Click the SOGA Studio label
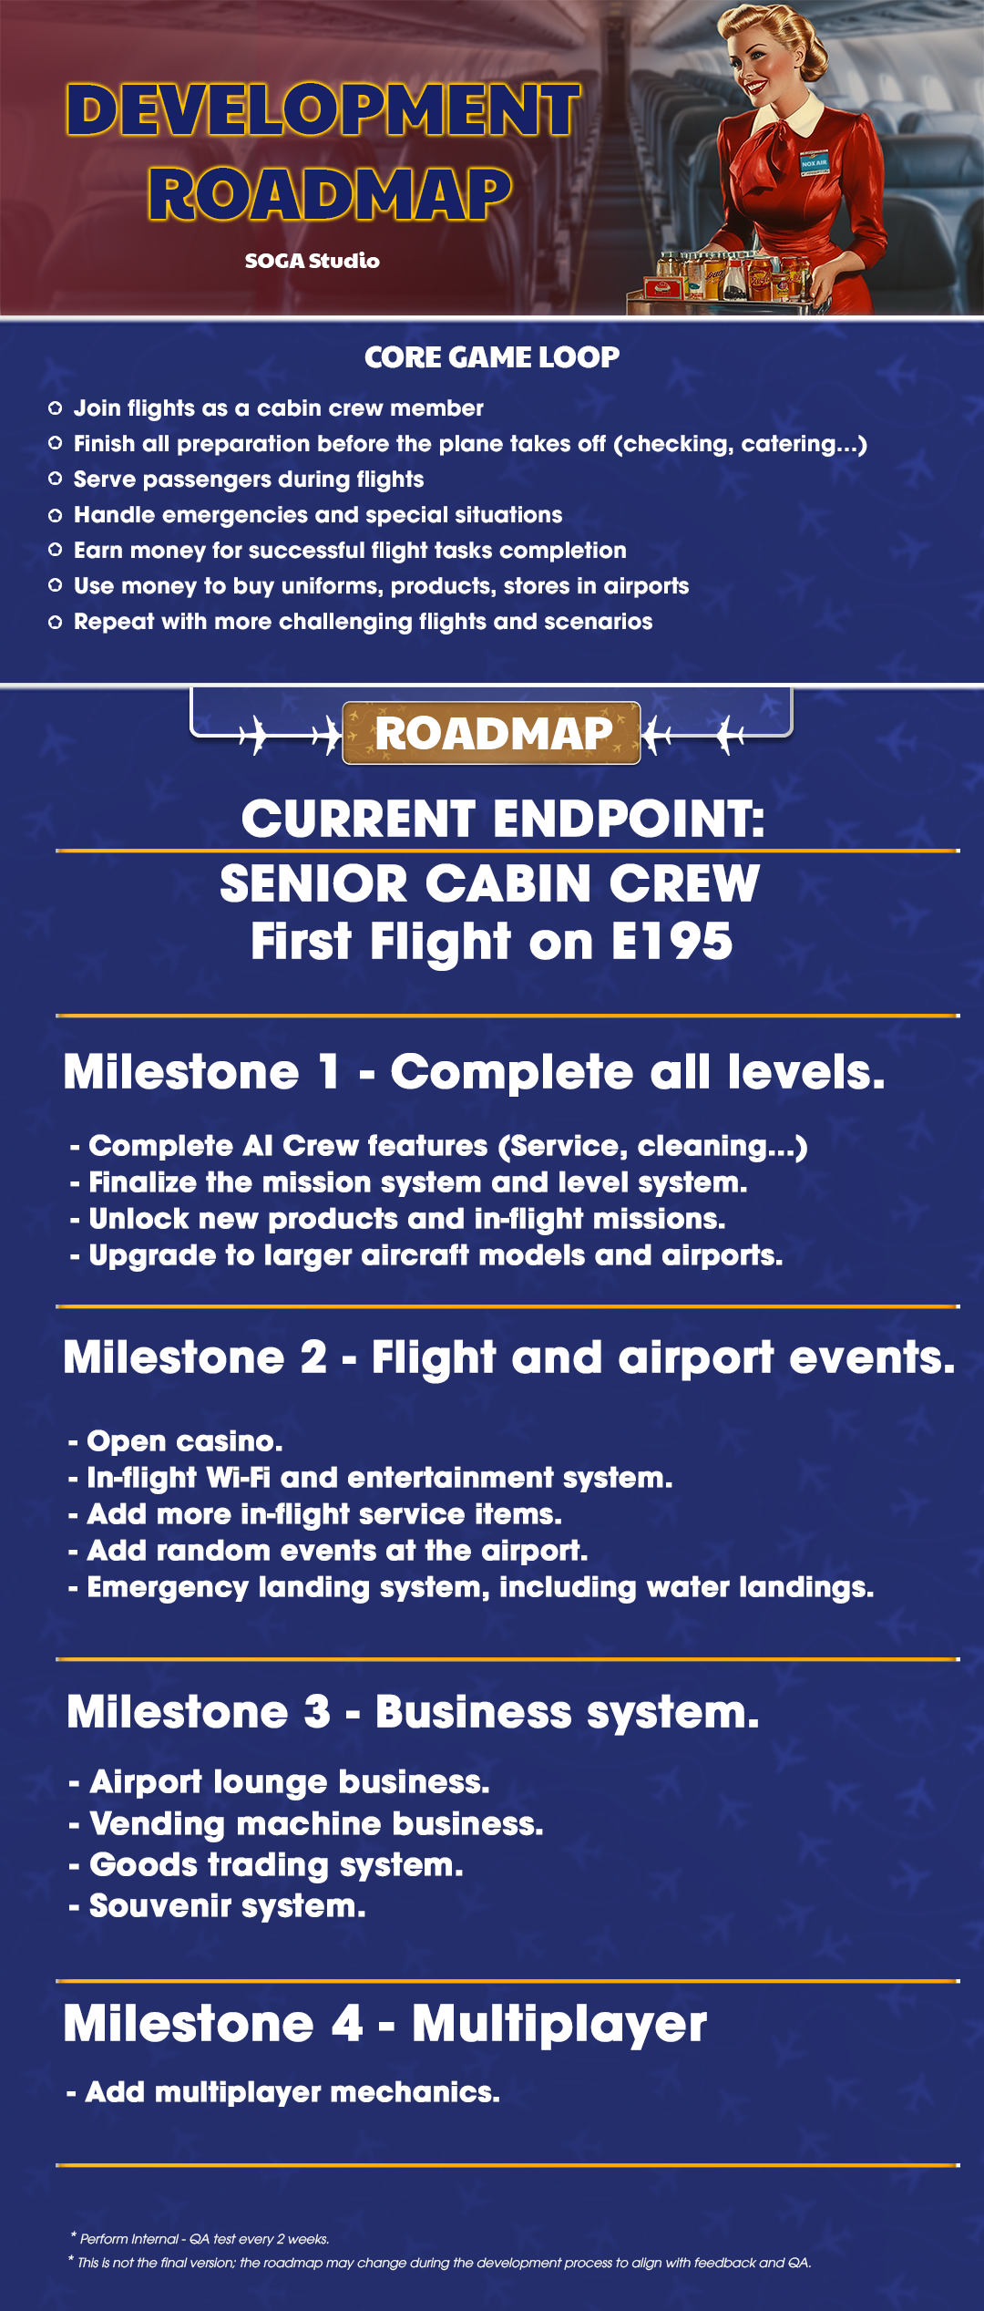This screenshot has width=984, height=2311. [x=312, y=261]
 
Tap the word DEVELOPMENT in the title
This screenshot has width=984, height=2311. [x=323, y=110]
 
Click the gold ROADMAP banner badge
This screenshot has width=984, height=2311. [x=492, y=733]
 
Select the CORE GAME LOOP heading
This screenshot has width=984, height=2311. [x=492, y=357]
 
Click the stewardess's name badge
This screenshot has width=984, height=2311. [x=815, y=163]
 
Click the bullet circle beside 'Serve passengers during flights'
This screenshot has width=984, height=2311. [x=55, y=479]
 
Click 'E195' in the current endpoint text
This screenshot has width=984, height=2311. [x=672, y=942]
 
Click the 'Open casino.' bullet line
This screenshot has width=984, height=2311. [x=176, y=1441]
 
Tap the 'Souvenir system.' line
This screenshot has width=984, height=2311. [x=218, y=1906]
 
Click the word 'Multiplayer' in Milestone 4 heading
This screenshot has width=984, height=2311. [x=559, y=2025]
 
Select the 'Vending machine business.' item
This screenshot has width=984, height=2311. [x=306, y=1823]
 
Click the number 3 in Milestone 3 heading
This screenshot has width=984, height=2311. [x=317, y=1711]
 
